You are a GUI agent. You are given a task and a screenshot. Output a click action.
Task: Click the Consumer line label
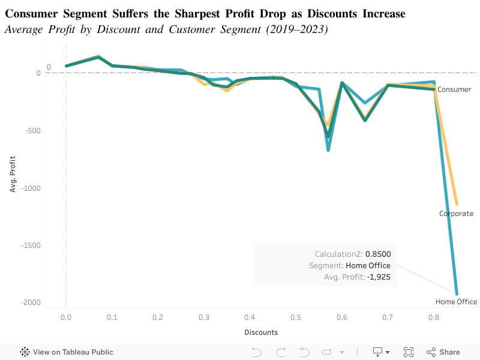coord(454,89)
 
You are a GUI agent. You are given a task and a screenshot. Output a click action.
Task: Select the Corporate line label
coord(456,214)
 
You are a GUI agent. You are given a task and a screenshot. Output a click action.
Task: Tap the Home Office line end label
coord(456,302)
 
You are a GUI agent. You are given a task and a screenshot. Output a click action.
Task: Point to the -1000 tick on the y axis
coord(31,188)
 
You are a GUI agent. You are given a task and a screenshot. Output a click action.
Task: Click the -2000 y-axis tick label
coord(31,302)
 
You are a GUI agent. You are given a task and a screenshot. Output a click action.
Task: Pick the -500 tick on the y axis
coord(33,131)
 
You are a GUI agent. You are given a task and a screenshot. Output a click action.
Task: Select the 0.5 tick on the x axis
coord(295,317)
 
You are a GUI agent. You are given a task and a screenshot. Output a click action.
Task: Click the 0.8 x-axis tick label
coord(433,317)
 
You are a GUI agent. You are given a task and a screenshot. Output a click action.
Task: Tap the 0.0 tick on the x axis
coord(66,317)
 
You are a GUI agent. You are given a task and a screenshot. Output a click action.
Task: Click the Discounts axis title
coord(261,332)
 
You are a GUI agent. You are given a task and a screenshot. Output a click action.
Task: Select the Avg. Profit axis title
coord(13,174)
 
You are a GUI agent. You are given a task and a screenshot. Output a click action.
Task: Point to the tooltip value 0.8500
coord(378,254)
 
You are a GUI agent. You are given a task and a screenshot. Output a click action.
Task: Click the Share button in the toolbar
coord(443,352)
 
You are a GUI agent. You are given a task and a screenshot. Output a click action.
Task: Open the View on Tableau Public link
coord(67,352)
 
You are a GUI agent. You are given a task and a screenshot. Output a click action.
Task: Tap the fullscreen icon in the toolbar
coord(409,352)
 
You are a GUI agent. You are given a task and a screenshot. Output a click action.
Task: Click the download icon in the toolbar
coord(379,352)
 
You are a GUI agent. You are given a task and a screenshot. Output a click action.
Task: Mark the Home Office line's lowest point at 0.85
coord(457,293)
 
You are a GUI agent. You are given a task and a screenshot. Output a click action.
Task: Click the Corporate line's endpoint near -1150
coord(457,204)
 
